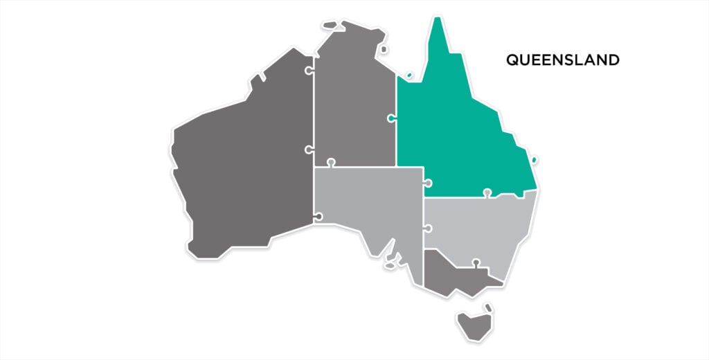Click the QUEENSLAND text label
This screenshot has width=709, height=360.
click(x=562, y=60)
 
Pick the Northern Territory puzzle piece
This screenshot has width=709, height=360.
click(x=353, y=104)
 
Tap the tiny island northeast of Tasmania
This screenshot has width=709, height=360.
click(x=488, y=307)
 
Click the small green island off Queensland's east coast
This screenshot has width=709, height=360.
click(x=534, y=161)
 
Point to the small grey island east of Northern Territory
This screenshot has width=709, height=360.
click(x=384, y=50)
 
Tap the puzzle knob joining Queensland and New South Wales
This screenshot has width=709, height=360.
click(x=487, y=192)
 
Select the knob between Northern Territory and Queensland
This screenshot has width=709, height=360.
click(x=393, y=119)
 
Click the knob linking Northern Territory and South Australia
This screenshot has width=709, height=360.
click(x=331, y=163)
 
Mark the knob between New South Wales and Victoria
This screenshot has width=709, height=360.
click(x=476, y=262)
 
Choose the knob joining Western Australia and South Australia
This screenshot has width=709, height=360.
click(x=318, y=217)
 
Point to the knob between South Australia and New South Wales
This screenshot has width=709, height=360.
click(x=428, y=228)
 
